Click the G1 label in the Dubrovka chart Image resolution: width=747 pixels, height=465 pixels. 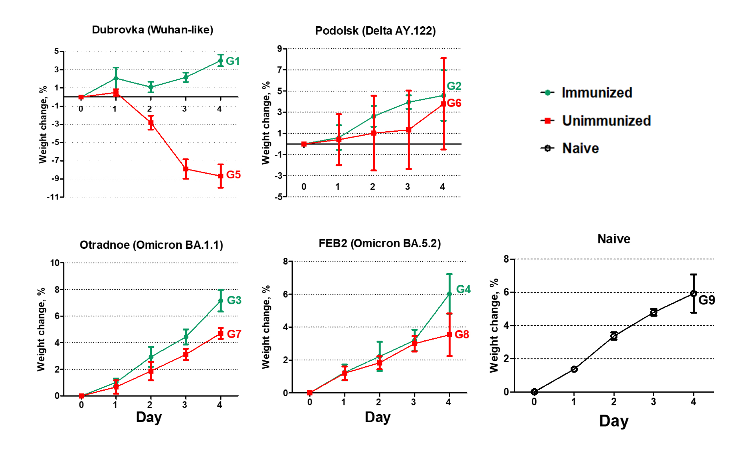(233, 61)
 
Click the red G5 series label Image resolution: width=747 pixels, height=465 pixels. (233, 175)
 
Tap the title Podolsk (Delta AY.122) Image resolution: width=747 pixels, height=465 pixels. (375, 31)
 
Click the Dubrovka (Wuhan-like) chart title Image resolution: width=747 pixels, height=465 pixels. (152, 30)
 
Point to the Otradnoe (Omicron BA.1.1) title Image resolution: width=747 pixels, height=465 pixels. (151, 245)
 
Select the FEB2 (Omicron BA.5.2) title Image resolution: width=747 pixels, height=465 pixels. (380, 244)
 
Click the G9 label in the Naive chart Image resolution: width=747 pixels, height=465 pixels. (707, 300)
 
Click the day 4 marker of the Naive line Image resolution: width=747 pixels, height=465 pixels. (693, 294)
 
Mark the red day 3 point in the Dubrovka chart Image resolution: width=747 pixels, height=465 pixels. (186, 169)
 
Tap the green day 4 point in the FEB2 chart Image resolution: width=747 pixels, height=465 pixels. (449, 294)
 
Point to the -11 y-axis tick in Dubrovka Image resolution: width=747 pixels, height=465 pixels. (53, 197)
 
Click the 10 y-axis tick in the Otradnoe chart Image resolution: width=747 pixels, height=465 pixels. (55, 263)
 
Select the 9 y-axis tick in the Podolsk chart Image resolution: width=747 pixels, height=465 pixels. (280, 49)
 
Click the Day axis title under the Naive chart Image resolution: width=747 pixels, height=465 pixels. (614, 421)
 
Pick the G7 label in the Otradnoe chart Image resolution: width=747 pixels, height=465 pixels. (234, 334)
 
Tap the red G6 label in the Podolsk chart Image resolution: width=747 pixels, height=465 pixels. (454, 103)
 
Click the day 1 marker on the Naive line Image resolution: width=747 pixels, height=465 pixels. (574, 369)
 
